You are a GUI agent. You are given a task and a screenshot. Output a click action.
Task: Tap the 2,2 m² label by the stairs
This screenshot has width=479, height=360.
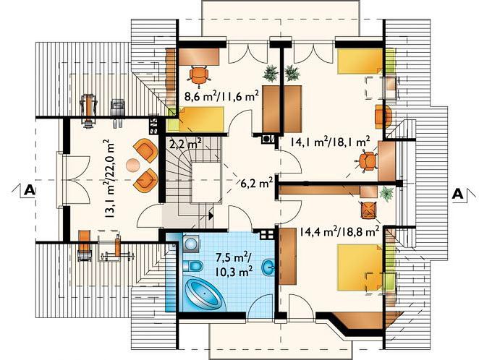coord(185,143)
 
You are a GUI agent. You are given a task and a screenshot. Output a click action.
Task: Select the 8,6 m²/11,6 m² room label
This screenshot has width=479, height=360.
coord(222,95)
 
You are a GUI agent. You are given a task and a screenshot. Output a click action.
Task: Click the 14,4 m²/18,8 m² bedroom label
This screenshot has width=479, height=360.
coord(339,232)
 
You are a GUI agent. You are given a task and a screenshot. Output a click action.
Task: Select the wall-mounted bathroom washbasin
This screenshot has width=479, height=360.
coord(269,267)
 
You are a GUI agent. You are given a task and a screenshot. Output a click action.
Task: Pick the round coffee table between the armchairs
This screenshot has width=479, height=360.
coord(132,166)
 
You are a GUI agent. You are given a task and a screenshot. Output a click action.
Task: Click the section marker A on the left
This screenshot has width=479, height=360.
coord(29,190)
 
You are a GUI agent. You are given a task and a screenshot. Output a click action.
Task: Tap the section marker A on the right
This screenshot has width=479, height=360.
coord(457,194)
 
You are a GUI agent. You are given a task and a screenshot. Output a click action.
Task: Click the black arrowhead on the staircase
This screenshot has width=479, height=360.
coord(211,215)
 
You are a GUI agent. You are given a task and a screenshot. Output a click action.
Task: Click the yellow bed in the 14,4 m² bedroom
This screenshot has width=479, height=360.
coord(360,267)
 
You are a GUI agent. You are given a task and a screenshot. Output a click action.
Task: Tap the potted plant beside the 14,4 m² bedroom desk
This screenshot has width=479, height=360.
coord(386,194)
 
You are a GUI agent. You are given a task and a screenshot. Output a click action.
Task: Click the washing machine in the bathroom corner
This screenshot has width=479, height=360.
coord(192,243)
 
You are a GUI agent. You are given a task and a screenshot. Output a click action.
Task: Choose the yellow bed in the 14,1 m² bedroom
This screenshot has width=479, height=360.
coord(360,61)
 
